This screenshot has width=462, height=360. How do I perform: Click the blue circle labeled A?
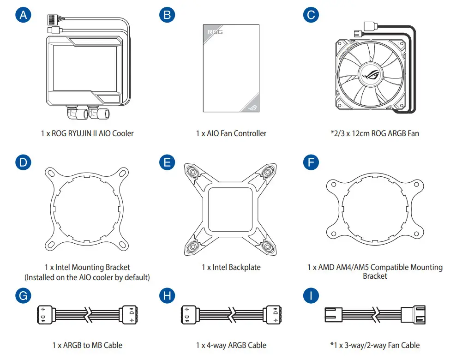24,15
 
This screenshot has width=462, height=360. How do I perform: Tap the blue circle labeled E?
167,162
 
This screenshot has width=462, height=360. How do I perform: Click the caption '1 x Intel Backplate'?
231,267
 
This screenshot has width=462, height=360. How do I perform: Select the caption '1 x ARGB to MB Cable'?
87,345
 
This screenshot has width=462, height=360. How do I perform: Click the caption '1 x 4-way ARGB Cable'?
231,345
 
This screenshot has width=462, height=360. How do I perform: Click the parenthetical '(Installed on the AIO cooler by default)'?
87,277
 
